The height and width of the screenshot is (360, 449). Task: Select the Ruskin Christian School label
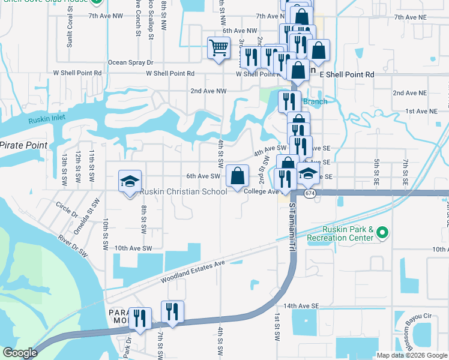pyautogui.click(x=183, y=192)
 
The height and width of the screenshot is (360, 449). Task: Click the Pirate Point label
pyautogui.click(x=22, y=145)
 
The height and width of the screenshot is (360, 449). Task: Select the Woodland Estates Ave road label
pyautogui.click(x=192, y=272)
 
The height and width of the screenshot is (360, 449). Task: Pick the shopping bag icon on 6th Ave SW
pyautogui.click(x=238, y=176)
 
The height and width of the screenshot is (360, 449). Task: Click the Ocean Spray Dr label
pyautogui.click(x=131, y=62)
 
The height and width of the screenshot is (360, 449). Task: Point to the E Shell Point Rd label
pyautogui.click(x=347, y=74)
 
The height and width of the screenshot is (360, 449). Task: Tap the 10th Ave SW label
pyautogui.click(x=133, y=248)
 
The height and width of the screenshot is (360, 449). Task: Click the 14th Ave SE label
pyautogui.click(x=300, y=305)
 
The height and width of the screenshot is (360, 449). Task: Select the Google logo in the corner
pyautogui.click(x=20, y=353)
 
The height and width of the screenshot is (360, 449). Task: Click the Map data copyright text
pyautogui.click(x=412, y=355)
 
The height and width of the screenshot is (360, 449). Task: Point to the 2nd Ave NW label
pyautogui.click(x=208, y=91)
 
